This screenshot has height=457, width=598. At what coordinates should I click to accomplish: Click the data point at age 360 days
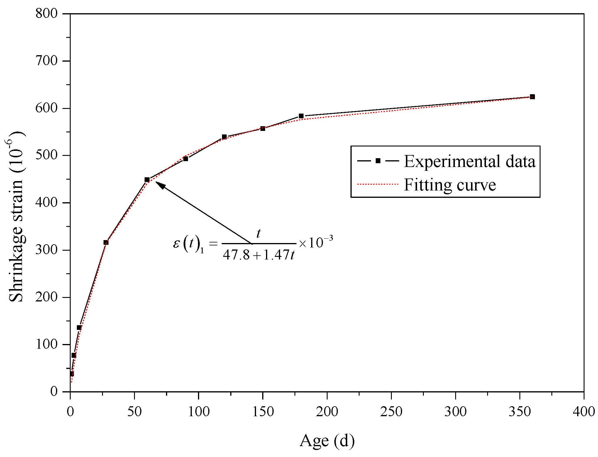pos(532,97)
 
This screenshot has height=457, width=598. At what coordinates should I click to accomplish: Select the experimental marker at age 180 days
pos(301,116)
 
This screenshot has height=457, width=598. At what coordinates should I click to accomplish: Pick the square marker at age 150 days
pos(262,129)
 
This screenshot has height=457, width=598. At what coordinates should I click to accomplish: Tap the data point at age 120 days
pos(224,137)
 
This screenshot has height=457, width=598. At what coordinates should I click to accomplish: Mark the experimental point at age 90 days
pos(185,159)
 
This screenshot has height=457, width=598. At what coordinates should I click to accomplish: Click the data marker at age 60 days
pos(147,180)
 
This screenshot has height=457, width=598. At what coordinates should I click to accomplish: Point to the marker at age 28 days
pos(106,242)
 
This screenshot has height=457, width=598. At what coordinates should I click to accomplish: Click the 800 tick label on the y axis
pos(46,14)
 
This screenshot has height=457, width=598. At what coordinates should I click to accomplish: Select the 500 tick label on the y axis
pos(46,155)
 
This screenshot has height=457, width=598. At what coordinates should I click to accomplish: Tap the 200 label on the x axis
pos(327,412)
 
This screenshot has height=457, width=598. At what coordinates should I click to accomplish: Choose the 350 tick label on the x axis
pos(519,412)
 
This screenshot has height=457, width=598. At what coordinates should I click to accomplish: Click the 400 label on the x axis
pos(584,412)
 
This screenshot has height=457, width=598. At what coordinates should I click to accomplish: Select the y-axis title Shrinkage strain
pos(16,217)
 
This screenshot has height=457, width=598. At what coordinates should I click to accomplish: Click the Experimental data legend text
pos(470,161)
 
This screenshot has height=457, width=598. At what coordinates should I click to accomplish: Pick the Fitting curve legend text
pos(450,185)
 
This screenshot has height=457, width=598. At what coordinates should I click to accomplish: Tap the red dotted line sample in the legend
pos(378,184)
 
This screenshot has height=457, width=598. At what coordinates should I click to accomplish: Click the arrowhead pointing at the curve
pos(160,185)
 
